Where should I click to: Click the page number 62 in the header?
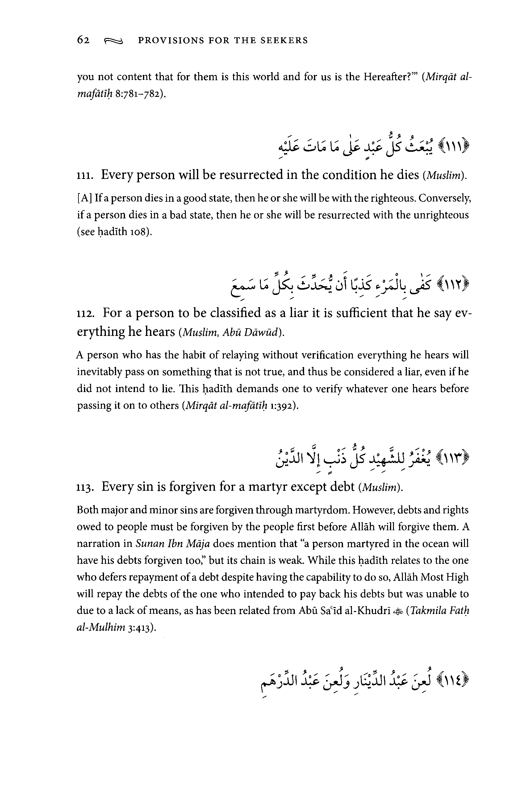point(83,40)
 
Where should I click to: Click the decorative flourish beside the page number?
point(114,41)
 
